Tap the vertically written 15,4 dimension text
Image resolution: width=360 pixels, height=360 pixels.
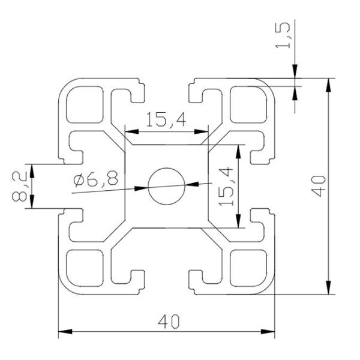(x=226, y=187)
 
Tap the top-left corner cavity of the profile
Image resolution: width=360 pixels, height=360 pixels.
(x=84, y=104)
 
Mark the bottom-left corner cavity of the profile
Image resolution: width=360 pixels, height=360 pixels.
(x=84, y=268)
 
